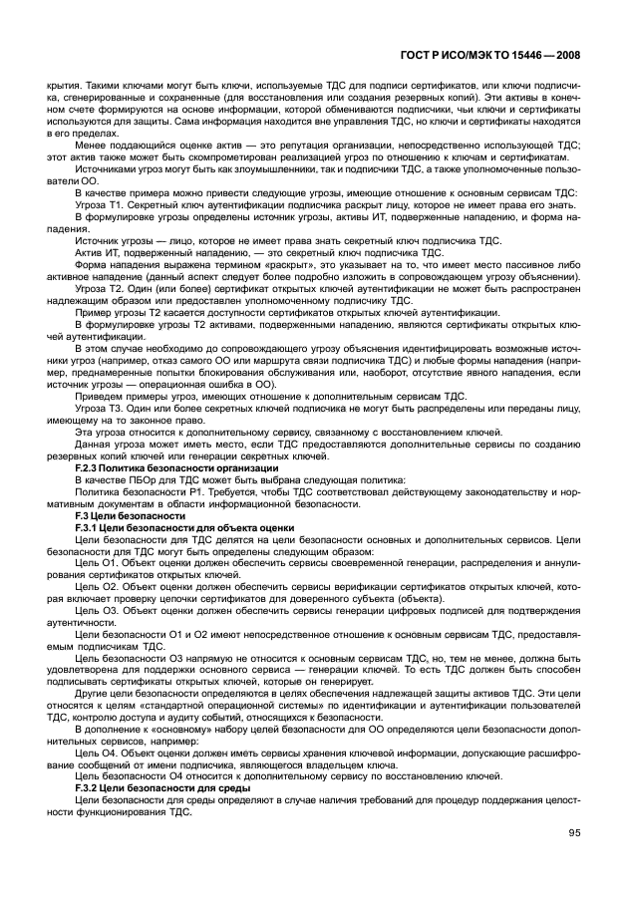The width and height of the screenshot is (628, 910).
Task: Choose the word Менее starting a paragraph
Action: (x=90, y=146)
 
